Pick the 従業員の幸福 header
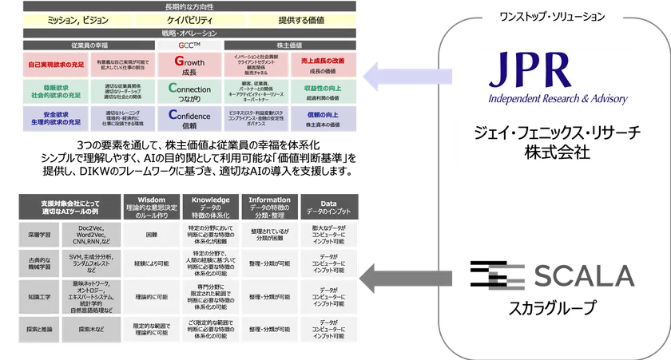(x=89, y=45)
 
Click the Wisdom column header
(x=151, y=205)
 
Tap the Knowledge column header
(x=211, y=205)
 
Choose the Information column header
(x=270, y=205)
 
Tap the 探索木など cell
(x=93, y=327)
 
